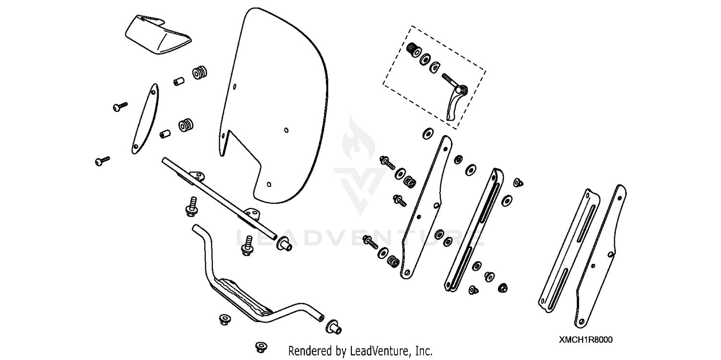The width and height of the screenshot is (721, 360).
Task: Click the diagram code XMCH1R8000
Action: pyautogui.click(x=585, y=339)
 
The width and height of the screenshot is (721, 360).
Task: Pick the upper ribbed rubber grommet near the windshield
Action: pyautogui.click(x=199, y=74)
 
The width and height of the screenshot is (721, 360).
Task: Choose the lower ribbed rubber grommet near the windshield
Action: pyautogui.click(x=186, y=125)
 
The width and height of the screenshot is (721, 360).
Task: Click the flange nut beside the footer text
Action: pyautogui.click(x=261, y=347)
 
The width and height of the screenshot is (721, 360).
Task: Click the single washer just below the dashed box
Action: pyautogui.click(x=426, y=133)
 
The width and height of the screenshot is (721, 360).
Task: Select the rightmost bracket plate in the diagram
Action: pyautogui.click(x=601, y=255)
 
